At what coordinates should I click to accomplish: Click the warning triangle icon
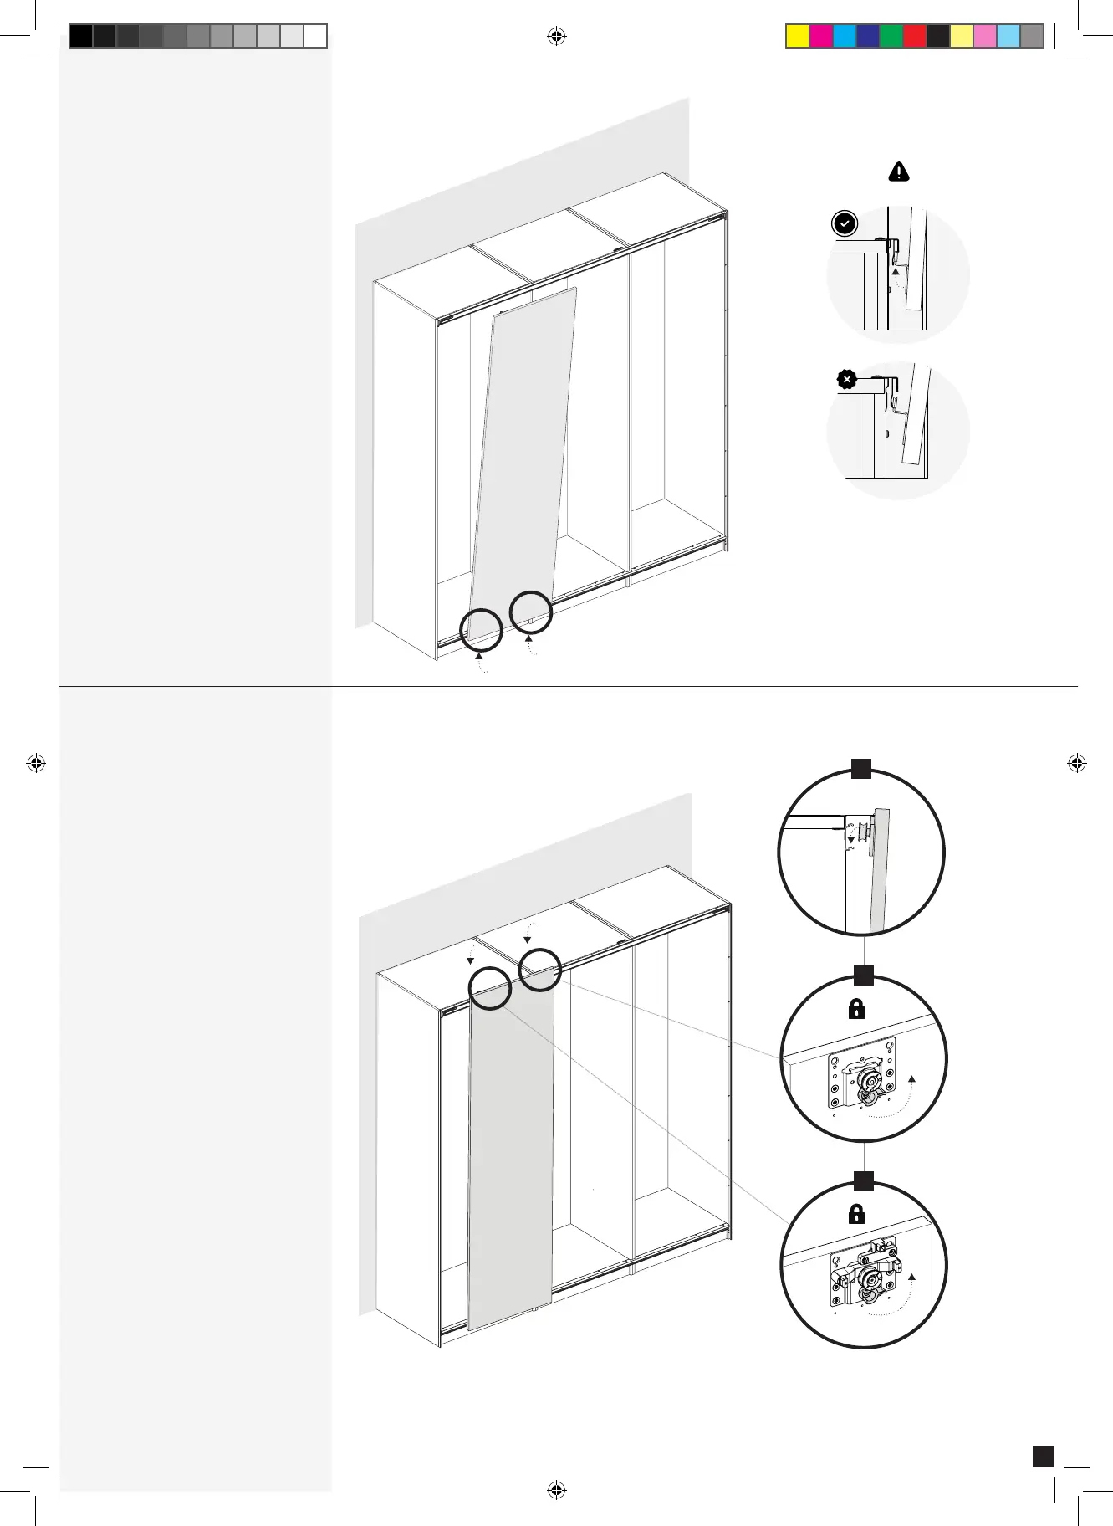click(x=898, y=172)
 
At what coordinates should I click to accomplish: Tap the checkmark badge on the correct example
click(x=845, y=224)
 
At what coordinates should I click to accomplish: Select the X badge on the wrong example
click(x=846, y=379)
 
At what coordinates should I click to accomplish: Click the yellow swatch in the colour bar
click(x=798, y=36)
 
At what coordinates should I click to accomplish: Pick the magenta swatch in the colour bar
click(x=821, y=36)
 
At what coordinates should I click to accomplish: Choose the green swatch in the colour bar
click(x=891, y=36)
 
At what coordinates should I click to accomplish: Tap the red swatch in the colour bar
click(x=915, y=36)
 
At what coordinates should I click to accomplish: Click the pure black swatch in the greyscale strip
click(x=80, y=36)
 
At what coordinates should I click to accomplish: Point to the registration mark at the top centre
click(x=556, y=36)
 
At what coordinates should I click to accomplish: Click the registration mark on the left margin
click(x=36, y=763)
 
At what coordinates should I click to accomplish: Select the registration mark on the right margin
click(x=1077, y=763)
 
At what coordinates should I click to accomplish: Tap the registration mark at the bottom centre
click(x=556, y=1489)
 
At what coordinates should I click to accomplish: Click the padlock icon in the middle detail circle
click(x=856, y=1009)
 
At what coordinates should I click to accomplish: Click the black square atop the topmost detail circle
click(x=861, y=769)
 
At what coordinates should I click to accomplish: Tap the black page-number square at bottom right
click(x=1043, y=1457)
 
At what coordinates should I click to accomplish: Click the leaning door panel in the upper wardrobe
click(x=523, y=460)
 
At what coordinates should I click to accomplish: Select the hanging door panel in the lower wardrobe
click(x=510, y=1155)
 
